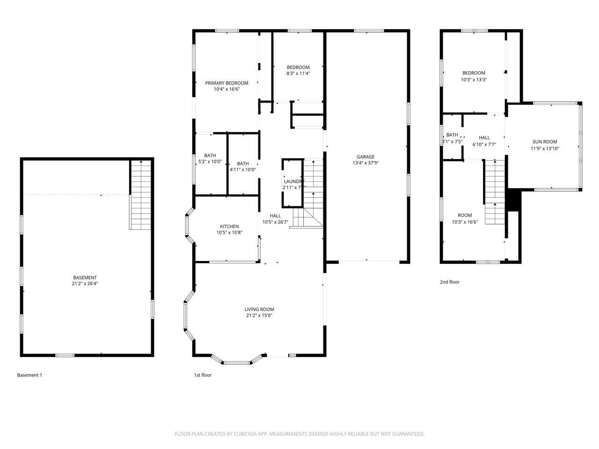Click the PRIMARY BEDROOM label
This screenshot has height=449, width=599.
pyautogui.click(x=226, y=83)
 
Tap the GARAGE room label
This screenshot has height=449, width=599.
pyautogui.click(x=365, y=157)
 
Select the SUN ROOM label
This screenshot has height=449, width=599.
pyautogui.click(x=545, y=142)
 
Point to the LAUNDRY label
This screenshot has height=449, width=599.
pyautogui.click(x=294, y=181)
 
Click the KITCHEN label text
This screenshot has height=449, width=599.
pyautogui.click(x=229, y=226)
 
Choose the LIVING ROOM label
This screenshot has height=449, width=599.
pyautogui.click(x=259, y=309)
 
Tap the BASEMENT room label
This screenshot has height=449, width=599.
pyautogui.click(x=85, y=277)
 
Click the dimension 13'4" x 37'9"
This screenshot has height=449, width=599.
pyautogui.click(x=365, y=163)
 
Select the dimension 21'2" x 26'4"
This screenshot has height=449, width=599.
pyautogui.click(x=85, y=283)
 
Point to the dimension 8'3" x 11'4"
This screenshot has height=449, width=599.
pyautogui.click(x=298, y=73)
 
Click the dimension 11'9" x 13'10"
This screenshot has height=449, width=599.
pyautogui.click(x=545, y=148)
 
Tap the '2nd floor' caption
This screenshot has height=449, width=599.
pyautogui.click(x=449, y=282)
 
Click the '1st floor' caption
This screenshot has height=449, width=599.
pyautogui.click(x=203, y=375)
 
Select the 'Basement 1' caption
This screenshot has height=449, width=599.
pyautogui.click(x=29, y=375)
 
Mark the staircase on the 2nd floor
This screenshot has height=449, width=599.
pyautogui.click(x=495, y=192)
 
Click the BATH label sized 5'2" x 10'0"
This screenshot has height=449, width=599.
pyautogui.click(x=210, y=156)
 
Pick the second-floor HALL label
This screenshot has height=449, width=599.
pyautogui.click(x=484, y=138)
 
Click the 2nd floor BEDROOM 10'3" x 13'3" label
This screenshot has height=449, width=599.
pyautogui.click(x=474, y=73)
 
